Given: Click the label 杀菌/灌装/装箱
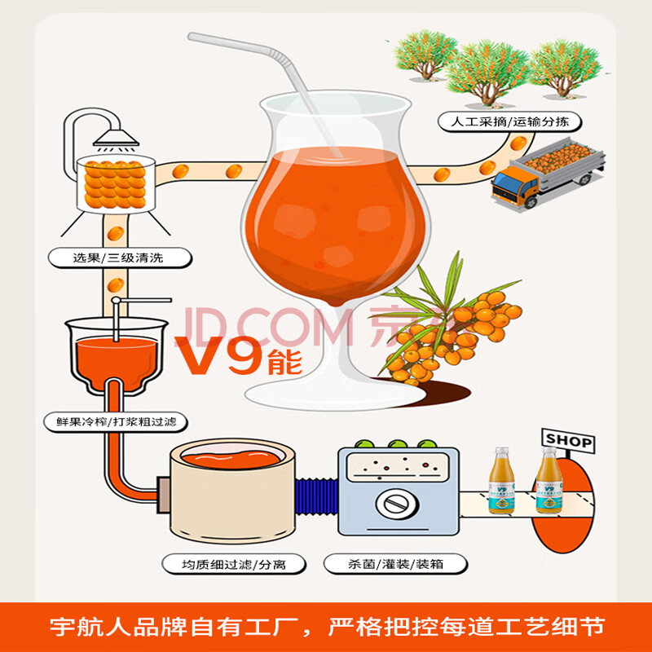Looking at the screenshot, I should click(384, 563).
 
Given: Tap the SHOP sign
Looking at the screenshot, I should click(568, 441).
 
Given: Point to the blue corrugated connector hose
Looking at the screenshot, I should click(315, 497).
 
